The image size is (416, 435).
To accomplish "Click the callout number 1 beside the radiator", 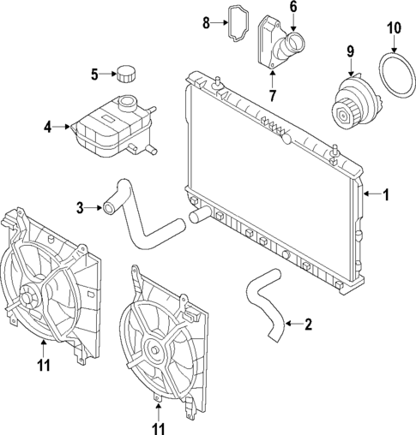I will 386,195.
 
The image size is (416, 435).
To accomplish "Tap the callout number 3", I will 80,206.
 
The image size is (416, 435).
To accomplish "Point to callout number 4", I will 48,128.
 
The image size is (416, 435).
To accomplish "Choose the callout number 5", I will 95,74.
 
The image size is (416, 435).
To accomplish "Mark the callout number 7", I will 272,94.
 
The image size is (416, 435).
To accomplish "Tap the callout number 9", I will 350,52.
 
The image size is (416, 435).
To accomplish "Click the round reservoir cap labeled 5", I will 130,74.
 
